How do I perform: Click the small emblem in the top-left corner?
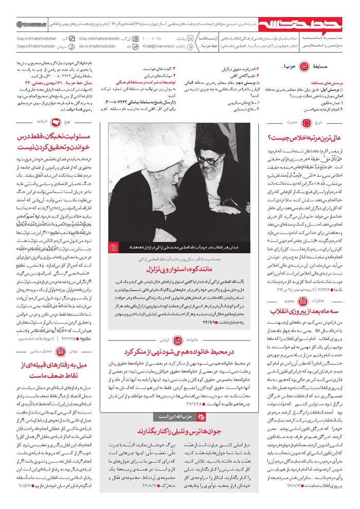point(23,24)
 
